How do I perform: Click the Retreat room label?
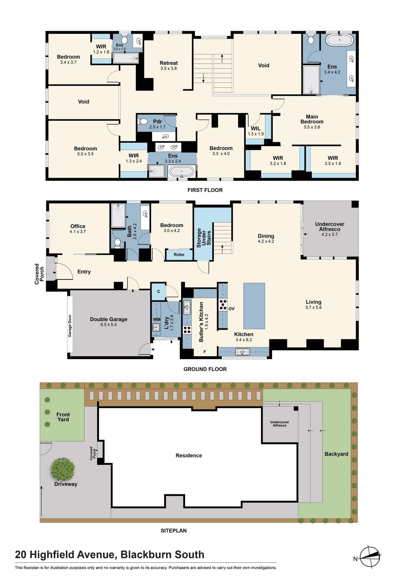169,63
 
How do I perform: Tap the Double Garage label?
108,319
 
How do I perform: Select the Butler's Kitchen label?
201,322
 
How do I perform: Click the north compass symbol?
370,556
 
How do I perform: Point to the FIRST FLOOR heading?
205,190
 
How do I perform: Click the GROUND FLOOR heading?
205,369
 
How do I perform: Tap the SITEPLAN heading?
174,531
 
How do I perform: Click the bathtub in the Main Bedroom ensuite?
340,40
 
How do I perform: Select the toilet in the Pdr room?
143,121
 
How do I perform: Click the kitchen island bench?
254,306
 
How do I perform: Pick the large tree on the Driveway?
63,469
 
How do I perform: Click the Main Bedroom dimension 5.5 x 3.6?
312,127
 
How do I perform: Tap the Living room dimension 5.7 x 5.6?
314,307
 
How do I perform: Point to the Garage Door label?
70,326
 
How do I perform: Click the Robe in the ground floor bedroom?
179,255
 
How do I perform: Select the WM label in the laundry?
156,319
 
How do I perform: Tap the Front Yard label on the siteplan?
63,417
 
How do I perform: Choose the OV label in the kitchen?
231,309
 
